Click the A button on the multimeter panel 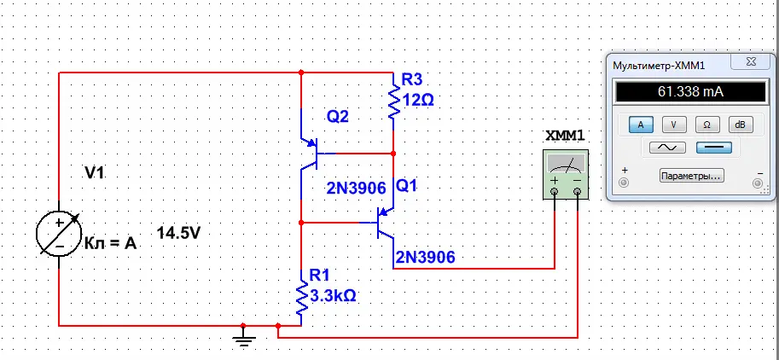point(641,125)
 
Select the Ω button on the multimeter point(707,125)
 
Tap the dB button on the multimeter point(741,125)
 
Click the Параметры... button point(692,176)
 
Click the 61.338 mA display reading point(690,92)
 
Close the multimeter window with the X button point(751,62)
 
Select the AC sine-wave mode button point(667,148)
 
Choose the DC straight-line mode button point(714,148)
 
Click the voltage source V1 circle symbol point(59,234)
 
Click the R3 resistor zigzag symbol point(393,102)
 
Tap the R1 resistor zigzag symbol point(301,298)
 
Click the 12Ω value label point(418,101)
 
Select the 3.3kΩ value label point(334,296)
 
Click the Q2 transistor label point(338,117)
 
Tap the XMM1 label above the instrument point(565,136)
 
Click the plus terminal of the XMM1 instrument point(555,192)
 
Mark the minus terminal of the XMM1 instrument point(578,192)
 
